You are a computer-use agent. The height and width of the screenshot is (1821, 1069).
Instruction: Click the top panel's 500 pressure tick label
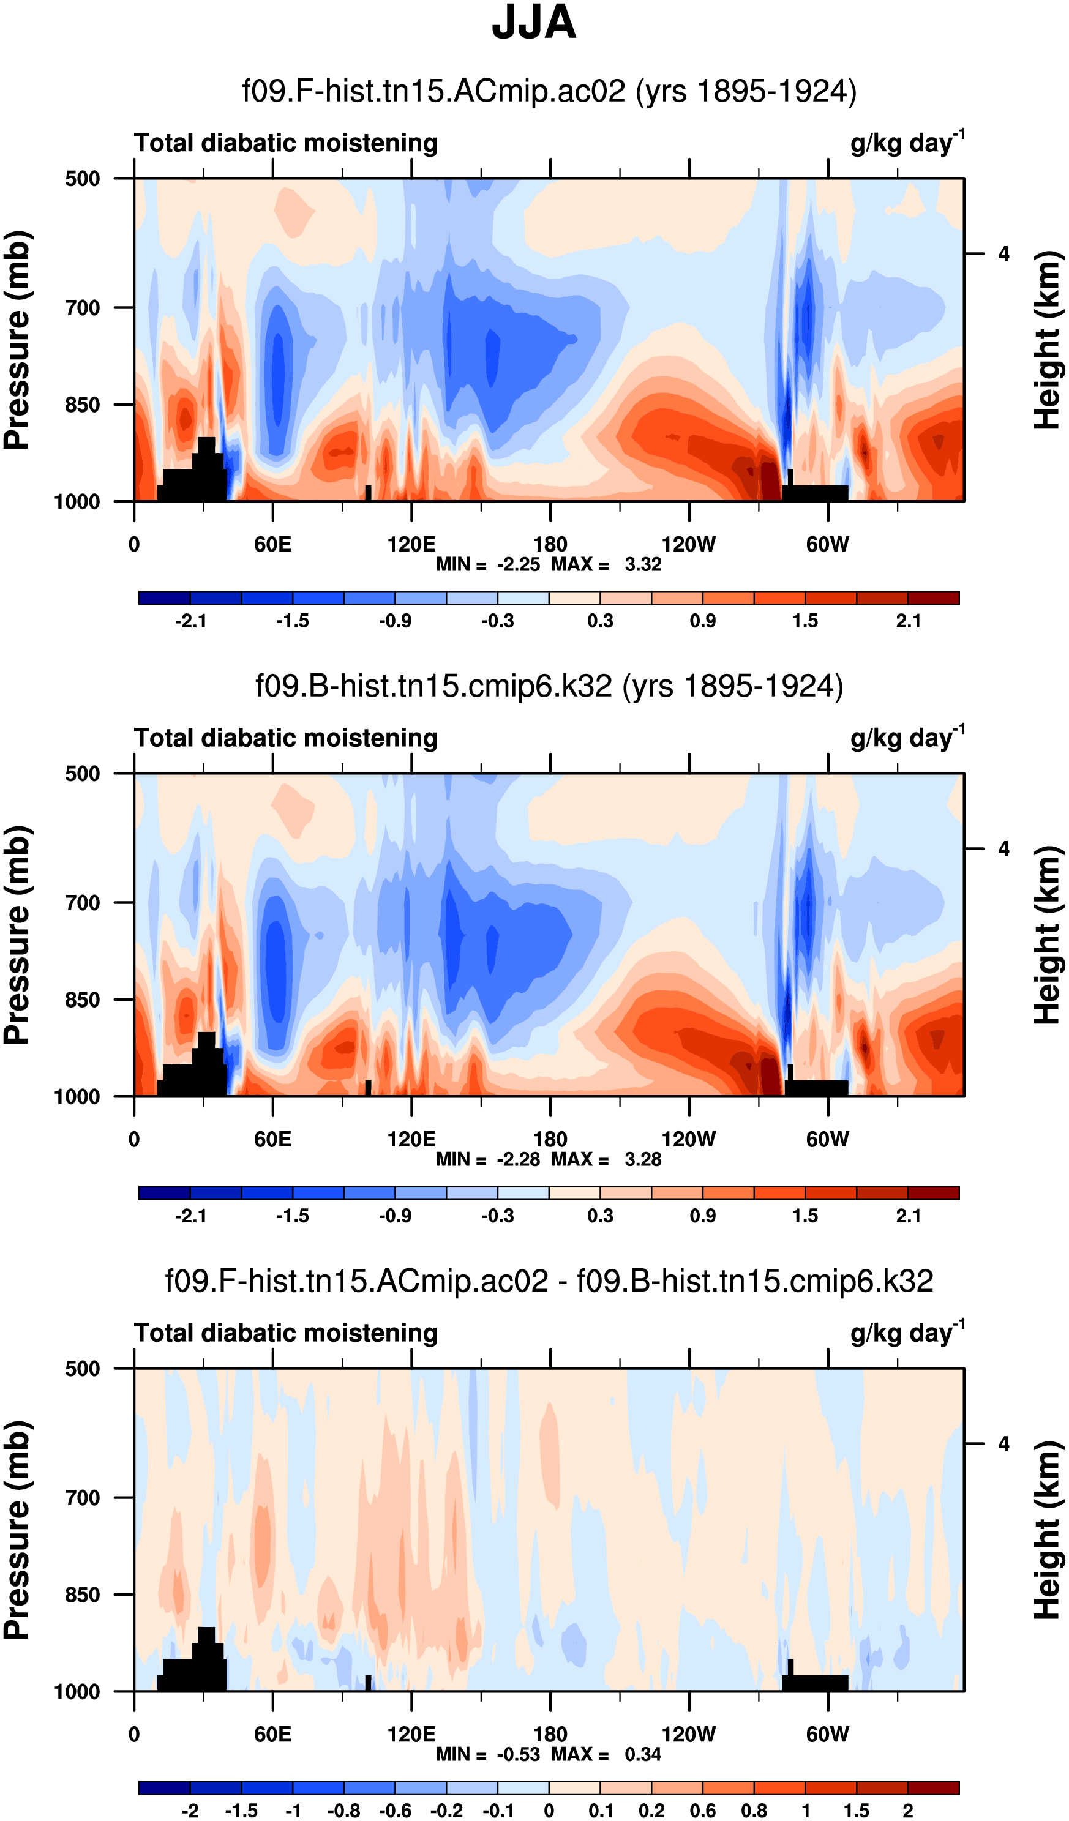click(x=83, y=179)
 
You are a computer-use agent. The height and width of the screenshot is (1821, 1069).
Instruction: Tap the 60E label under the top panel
click(x=272, y=544)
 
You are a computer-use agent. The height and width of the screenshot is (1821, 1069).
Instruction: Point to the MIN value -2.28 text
click(x=518, y=1159)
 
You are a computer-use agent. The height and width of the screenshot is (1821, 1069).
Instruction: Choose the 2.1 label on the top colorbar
click(x=908, y=621)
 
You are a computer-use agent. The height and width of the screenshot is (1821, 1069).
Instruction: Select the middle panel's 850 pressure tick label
click(x=83, y=1000)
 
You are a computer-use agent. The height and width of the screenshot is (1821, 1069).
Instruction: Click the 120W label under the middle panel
click(x=688, y=1140)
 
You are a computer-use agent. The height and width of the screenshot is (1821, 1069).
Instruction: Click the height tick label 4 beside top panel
click(x=1003, y=255)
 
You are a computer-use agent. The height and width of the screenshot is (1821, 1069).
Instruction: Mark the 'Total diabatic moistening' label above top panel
click(x=285, y=143)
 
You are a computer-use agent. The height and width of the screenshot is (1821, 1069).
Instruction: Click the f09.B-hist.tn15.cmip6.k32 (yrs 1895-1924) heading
click(x=549, y=686)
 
